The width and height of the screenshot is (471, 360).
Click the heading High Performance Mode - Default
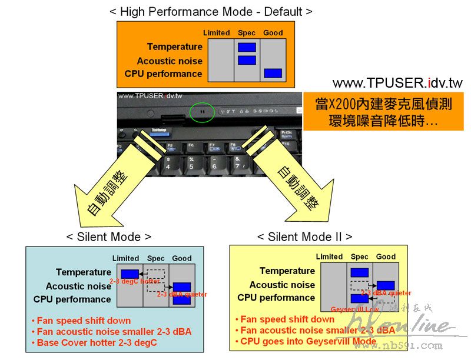(211, 11)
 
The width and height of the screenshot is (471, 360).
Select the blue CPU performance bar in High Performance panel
(273, 74)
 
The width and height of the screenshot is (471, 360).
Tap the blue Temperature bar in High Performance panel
(247, 47)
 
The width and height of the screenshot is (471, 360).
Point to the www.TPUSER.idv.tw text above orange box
(397, 83)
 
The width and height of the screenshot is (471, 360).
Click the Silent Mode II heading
(304, 236)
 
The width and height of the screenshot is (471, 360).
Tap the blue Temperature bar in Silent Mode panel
(130, 274)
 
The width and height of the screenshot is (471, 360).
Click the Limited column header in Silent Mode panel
(125, 258)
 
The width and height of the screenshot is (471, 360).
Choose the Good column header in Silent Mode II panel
(386, 256)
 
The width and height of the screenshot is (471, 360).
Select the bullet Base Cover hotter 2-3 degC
(97, 342)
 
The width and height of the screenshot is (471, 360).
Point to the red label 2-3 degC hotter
(134, 282)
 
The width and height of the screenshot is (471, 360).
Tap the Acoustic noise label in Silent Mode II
(282, 285)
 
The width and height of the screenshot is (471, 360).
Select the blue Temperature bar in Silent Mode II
(359, 272)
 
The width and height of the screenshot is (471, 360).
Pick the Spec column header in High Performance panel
(247, 33)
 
